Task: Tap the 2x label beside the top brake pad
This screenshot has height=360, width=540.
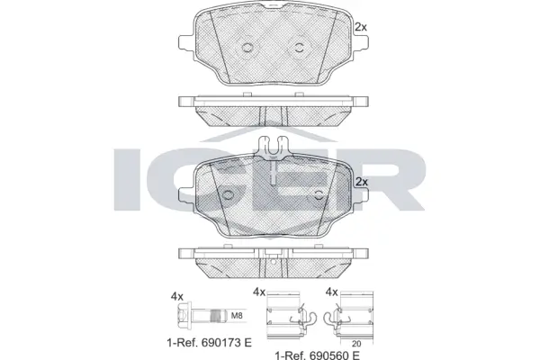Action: click(x=362, y=27)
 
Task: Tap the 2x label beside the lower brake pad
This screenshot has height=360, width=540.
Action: click(x=362, y=182)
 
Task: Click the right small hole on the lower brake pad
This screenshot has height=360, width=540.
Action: click(x=316, y=195)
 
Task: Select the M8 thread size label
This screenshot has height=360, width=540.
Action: click(x=238, y=315)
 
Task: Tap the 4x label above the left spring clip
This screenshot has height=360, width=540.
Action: click(x=259, y=292)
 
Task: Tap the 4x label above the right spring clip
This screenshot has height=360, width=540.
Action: click(x=331, y=292)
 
